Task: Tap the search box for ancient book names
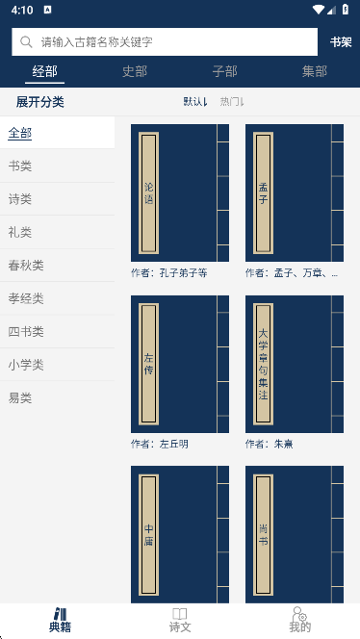[x=164, y=42]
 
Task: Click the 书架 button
[x=340, y=42]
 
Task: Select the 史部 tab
[x=135, y=71]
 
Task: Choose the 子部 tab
[x=224, y=71]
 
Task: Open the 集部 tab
[x=314, y=71]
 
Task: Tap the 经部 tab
[x=44, y=71]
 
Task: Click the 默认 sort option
[x=195, y=102]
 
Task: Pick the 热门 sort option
[x=232, y=102]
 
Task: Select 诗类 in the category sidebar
[x=20, y=199]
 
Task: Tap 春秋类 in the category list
[x=26, y=266]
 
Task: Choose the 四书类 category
[x=26, y=332]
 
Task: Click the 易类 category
[x=20, y=397]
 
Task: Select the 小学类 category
[x=26, y=365]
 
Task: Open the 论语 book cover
[x=180, y=192]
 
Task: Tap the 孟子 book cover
[x=295, y=192]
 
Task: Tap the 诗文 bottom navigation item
[x=180, y=620]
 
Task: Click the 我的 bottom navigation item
[x=299, y=620]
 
